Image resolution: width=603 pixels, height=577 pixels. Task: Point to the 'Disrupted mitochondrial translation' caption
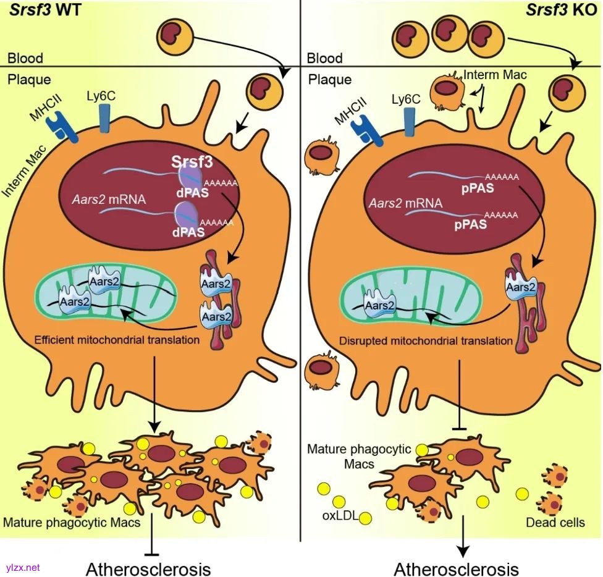[426, 340]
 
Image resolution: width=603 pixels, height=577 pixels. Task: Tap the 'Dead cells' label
[555, 523]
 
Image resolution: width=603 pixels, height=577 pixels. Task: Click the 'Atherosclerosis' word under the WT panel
[148, 568]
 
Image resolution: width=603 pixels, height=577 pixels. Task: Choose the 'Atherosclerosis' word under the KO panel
[456, 568]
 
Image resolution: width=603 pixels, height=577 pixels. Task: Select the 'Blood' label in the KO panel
[324, 59]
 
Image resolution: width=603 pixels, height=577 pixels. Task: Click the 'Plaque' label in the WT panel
[29, 80]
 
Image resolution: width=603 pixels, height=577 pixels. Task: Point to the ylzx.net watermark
[22, 566]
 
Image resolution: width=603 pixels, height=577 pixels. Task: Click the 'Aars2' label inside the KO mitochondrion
[380, 305]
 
